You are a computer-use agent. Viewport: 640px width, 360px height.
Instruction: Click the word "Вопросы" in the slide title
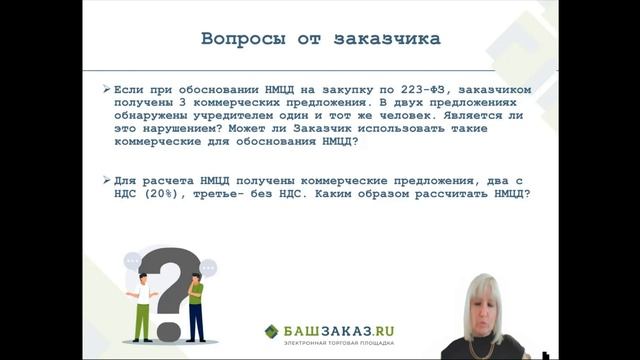point(237,41)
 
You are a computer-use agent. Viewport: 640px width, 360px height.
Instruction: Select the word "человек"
point(393,115)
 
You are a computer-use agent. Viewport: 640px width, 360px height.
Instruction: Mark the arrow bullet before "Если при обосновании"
point(107,89)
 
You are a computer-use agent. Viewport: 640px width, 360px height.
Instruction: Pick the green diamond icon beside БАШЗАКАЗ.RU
point(272,331)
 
